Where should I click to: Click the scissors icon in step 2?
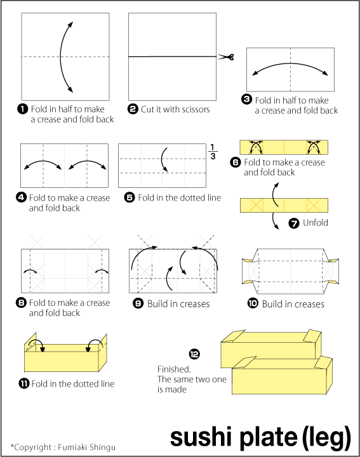pos(227,57)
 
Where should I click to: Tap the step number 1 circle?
pos(23,109)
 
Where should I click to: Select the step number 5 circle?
pos(130,197)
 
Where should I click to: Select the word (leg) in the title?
pos(326,437)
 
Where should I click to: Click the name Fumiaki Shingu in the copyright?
pos(89,447)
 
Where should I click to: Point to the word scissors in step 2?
pos(194,109)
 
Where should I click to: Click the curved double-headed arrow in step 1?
pos(63,56)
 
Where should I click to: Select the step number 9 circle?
pos(138,303)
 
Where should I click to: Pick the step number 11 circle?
pos(24,383)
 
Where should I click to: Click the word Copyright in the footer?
pos(34,447)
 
